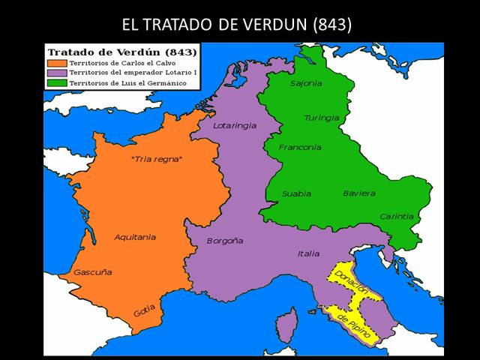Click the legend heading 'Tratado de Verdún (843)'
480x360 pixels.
pyautogui.click(x=122, y=52)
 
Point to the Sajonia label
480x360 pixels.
pyautogui.click(x=306, y=83)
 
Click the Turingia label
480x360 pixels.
pyautogui.click(x=322, y=118)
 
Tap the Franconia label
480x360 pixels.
pyautogui.click(x=300, y=147)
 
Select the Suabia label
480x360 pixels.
pyautogui.click(x=296, y=193)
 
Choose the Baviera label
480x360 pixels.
pyautogui.click(x=359, y=193)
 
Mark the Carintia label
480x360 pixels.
pyautogui.click(x=396, y=216)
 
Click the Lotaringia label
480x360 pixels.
pyautogui.click(x=235, y=125)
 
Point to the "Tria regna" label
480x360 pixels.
pyautogui.click(x=157, y=159)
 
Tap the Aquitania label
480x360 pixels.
pyautogui.click(x=135, y=237)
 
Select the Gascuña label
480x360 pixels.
pyautogui.click(x=92, y=271)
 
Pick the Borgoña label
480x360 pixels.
pyautogui.click(x=225, y=241)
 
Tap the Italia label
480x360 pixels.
pyautogui.click(x=308, y=253)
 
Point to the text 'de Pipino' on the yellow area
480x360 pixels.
pyautogui.click(x=354, y=327)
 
